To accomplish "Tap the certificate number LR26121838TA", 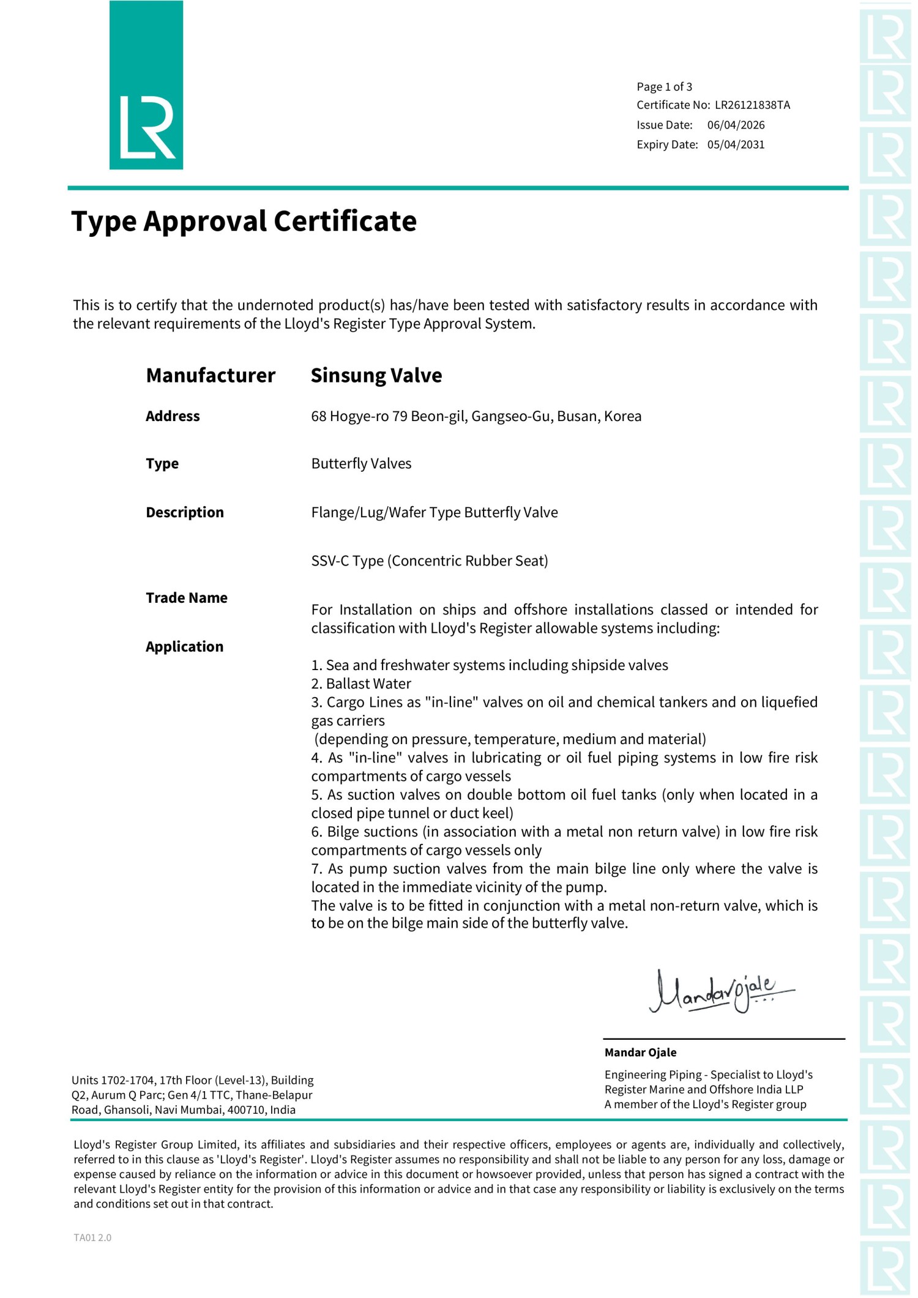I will pos(752,105).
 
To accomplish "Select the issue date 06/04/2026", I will pos(736,125).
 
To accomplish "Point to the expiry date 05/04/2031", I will pos(736,145).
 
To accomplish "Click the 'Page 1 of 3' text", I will pos(664,87).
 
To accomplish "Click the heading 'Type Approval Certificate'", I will pos(244,222).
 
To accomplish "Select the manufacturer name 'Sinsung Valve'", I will pos(376,376).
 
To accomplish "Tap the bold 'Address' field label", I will pos(173,417).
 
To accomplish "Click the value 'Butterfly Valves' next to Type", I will pos(361,464).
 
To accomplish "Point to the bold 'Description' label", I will pos(184,513).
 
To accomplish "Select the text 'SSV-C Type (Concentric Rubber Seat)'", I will pos(429,561).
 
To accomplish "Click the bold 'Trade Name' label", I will pos(186,599).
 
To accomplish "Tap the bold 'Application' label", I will pos(184,647).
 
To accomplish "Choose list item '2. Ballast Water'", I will pos(361,684).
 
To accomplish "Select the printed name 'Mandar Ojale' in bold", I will pos(640,1053).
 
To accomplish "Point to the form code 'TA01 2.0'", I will pos(92,1237).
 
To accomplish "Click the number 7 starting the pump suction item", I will pos(315,869).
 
